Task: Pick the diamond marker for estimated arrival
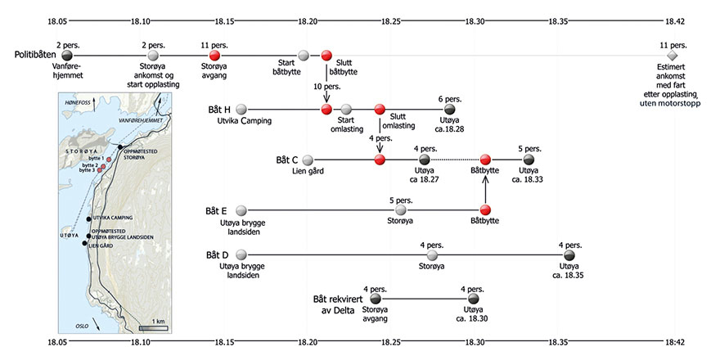point(673,56)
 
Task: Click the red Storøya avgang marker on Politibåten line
point(214,56)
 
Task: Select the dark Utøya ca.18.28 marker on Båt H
point(449,109)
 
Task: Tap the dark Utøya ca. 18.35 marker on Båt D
point(569,255)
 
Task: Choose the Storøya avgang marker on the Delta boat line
point(377,299)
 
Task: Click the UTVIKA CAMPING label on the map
point(112,218)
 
